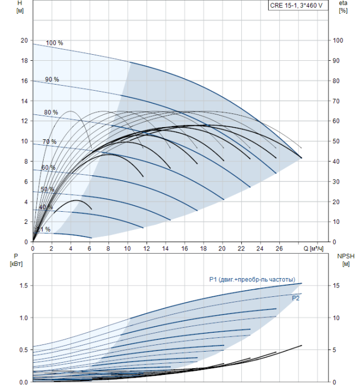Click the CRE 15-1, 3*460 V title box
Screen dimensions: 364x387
[x=298, y=5]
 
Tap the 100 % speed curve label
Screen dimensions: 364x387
[x=54, y=43]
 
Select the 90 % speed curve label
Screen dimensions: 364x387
[x=52, y=80]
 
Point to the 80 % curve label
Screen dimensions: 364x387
[x=51, y=112]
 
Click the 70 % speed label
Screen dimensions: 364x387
[x=49, y=142]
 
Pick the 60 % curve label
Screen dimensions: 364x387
[x=48, y=168]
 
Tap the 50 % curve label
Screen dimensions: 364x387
[x=48, y=189]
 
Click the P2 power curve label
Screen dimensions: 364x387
[x=295, y=298]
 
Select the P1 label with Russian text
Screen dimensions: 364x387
[x=252, y=279]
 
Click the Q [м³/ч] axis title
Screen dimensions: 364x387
[x=313, y=249]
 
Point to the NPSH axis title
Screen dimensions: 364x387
[x=346, y=260]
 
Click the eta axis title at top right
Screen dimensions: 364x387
[x=344, y=7]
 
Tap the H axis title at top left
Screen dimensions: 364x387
[x=20, y=7]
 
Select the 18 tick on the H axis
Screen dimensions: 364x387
[x=24, y=60]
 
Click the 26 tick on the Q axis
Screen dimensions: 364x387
[x=279, y=249]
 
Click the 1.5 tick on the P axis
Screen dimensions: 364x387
[x=24, y=286]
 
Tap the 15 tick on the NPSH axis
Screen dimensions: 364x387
[x=336, y=286]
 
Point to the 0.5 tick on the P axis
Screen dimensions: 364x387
[x=24, y=350]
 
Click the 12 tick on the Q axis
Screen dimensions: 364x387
[x=147, y=249]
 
